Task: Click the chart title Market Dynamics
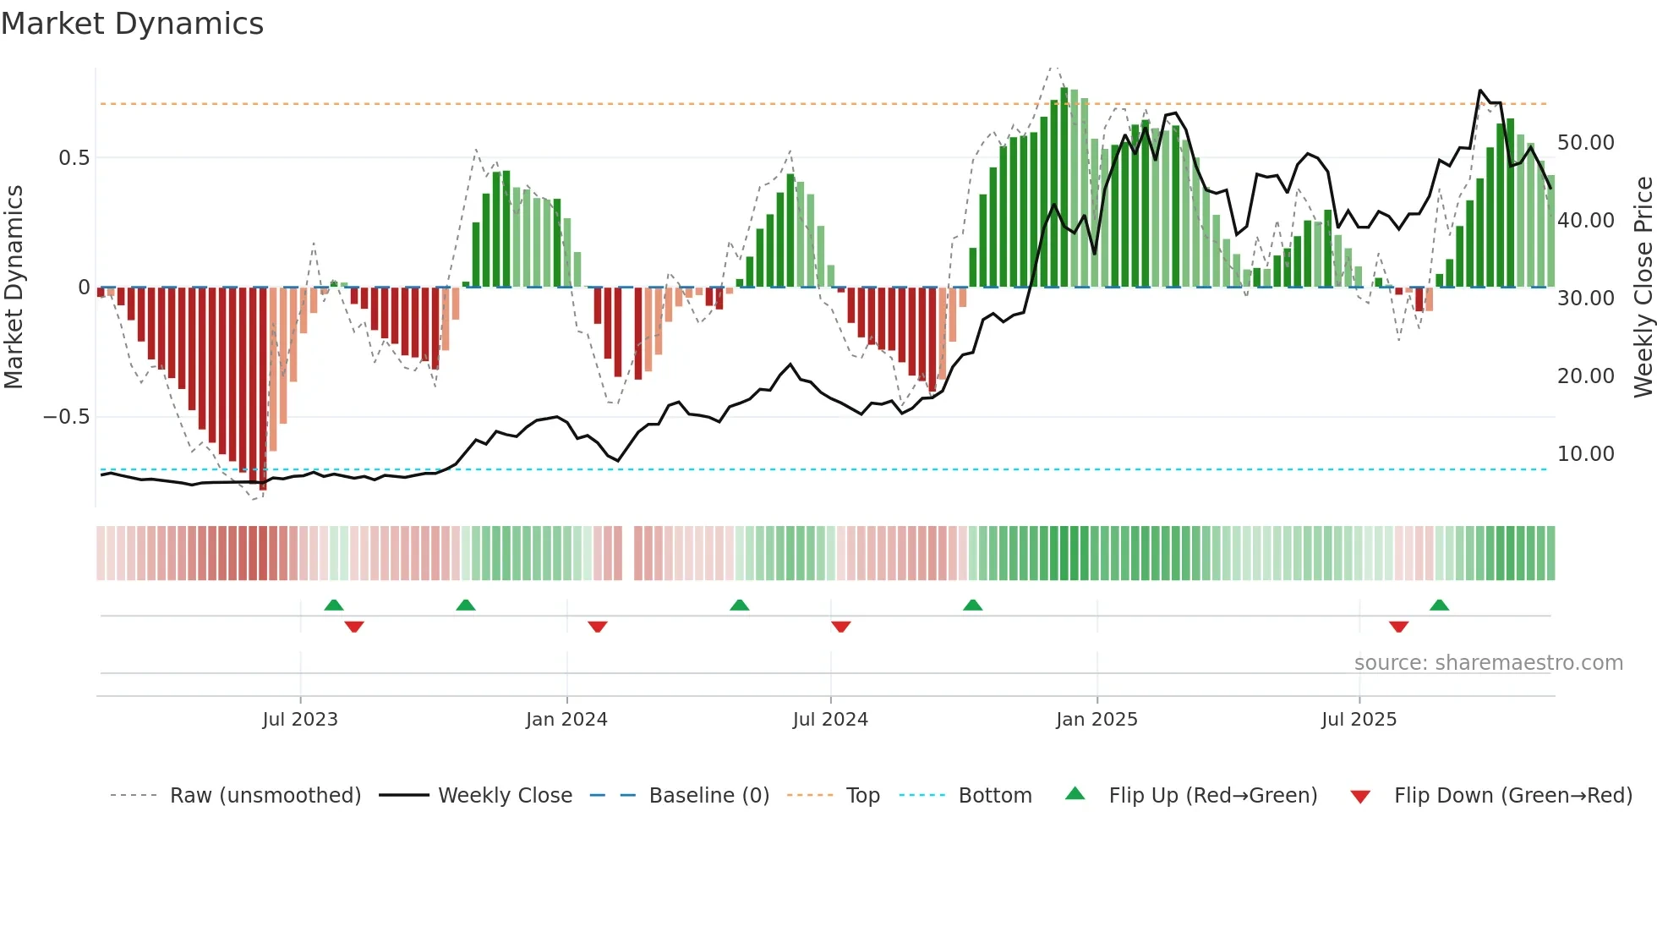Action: [x=132, y=24]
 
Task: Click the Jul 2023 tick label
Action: [x=299, y=720]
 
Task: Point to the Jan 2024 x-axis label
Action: [x=566, y=720]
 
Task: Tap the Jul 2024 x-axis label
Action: [x=830, y=720]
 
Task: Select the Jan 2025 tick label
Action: [x=1096, y=720]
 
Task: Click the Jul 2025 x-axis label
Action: [x=1359, y=720]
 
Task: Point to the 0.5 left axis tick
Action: [x=74, y=158]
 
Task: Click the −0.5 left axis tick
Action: [x=66, y=417]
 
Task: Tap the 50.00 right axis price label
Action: [x=1585, y=143]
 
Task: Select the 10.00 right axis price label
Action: [x=1585, y=454]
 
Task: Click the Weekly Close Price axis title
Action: [x=1643, y=288]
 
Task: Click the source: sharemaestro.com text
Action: [x=1488, y=663]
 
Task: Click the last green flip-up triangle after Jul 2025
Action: [x=1439, y=606]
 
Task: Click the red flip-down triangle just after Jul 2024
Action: [x=840, y=627]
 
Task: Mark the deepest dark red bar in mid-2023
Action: [x=263, y=389]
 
